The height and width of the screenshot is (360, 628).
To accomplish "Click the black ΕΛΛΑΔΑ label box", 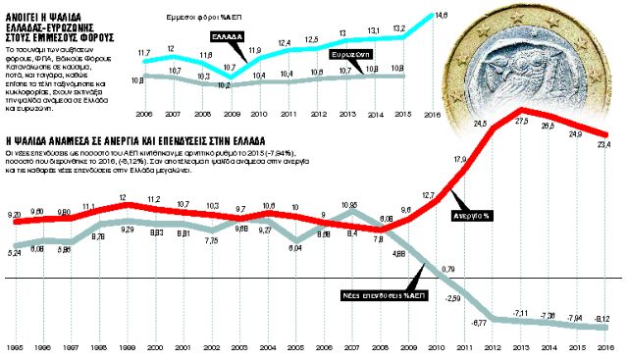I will (228, 34).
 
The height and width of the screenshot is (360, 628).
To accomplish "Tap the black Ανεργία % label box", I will (474, 215).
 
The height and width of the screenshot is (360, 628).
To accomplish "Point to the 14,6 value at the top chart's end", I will (442, 15).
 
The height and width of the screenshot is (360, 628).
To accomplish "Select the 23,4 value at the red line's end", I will (604, 145).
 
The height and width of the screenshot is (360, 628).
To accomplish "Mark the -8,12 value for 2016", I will (604, 319).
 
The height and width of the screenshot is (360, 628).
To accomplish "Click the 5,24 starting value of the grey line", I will (14, 254).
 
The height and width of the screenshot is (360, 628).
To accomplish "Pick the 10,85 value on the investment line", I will (349, 204).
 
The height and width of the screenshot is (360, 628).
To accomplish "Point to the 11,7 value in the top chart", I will (144, 51).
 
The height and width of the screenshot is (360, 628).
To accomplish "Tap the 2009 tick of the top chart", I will (229, 112).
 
